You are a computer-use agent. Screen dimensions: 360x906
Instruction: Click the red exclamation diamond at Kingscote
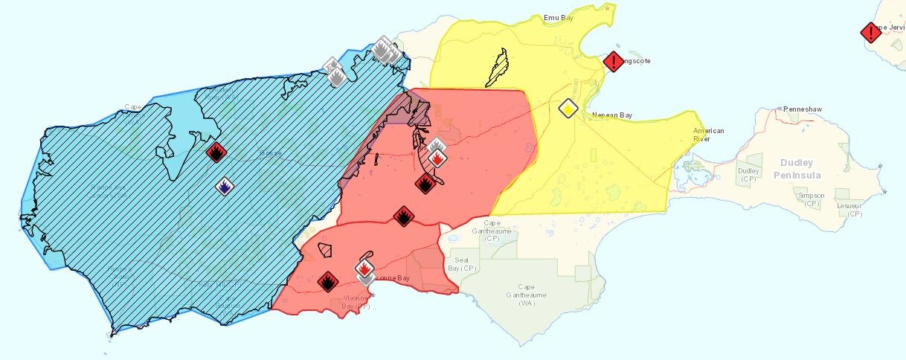(613, 62)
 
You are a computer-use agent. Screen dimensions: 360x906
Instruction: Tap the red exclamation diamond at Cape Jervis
(870, 33)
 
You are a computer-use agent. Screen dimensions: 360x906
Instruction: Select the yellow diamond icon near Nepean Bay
(568, 109)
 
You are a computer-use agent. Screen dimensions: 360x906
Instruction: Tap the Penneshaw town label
(801, 109)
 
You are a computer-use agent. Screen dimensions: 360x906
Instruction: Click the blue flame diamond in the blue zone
(223, 186)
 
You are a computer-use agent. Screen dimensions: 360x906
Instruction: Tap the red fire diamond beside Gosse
(216, 152)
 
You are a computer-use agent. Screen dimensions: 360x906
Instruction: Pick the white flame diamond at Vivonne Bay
(364, 269)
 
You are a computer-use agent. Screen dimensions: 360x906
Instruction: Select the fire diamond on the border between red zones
(402, 216)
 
